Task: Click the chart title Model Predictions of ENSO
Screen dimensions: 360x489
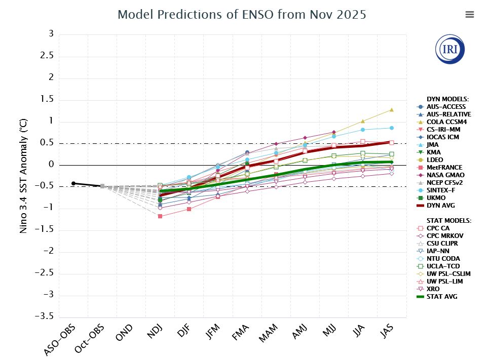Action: click(242, 14)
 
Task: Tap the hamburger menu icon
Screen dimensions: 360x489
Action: click(469, 15)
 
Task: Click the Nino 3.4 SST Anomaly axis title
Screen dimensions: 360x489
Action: click(23, 175)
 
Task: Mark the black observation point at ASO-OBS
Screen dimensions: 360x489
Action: click(73, 183)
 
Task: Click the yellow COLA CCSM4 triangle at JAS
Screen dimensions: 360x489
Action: click(392, 110)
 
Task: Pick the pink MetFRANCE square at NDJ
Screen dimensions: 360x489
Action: click(160, 216)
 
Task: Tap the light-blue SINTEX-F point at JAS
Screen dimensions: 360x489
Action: click(392, 128)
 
